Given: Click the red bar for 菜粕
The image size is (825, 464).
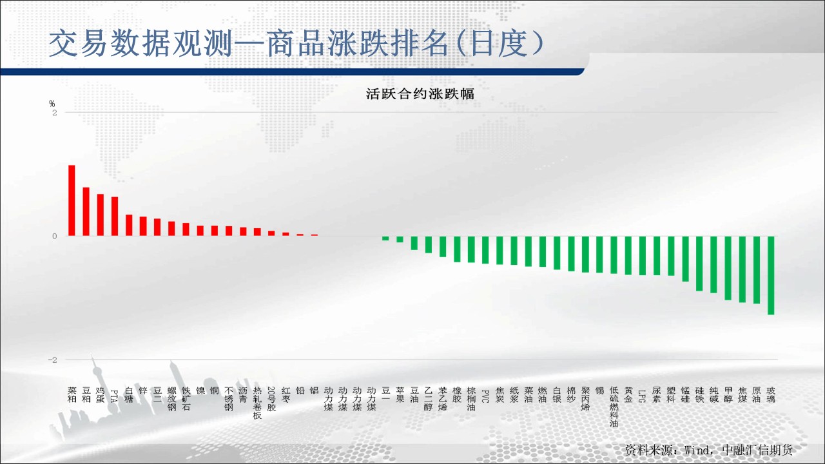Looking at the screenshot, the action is pyautogui.click(x=72, y=200).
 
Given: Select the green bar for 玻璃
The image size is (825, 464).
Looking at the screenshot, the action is pyautogui.click(x=771, y=275).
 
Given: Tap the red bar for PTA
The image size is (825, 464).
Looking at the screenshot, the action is pyautogui.click(x=115, y=216).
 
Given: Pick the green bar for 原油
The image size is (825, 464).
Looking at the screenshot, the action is pyautogui.click(x=757, y=270).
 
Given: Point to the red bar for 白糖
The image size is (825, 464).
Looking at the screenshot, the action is pyautogui.click(x=129, y=225).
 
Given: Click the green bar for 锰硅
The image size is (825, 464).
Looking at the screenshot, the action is pyautogui.click(x=685, y=259).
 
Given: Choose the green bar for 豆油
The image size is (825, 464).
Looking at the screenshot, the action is pyautogui.click(x=414, y=243).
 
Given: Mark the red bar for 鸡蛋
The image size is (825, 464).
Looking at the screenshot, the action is pyautogui.click(x=100, y=215).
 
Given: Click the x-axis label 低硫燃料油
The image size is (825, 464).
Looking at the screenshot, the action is pyautogui.click(x=614, y=407).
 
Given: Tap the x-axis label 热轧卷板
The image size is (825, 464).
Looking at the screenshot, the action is pyautogui.click(x=257, y=403).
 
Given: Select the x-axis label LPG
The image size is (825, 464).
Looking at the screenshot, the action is pyautogui.click(x=643, y=396).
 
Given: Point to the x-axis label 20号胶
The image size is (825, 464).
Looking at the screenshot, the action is pyautogui.click(x=271, y=399).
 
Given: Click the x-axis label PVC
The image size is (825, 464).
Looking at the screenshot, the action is pyautogui.click(x=485, y=396).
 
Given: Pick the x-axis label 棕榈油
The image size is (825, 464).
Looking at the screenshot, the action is pyautogui.click(x=471, y=399).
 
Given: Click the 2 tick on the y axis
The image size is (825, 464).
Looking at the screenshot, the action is pyautogui.click(x=55, y=113).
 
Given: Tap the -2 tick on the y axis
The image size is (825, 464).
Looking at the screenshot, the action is pyautogui.click(x=53, y=360).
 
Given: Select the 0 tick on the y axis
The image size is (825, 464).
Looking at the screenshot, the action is pyautogui.click(x=55, y=237).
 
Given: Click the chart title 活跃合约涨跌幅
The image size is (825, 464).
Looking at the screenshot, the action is pyautogui.click(x=420, y=94).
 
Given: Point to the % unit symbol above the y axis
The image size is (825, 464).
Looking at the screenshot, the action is pyautogui.click(x=52, y=104).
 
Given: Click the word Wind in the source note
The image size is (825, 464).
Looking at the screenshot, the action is pyautogui.click(x=697, y=450).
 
